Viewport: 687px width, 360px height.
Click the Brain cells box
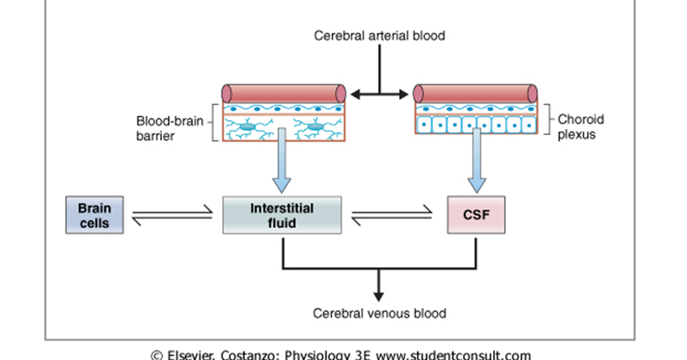coord(94,215)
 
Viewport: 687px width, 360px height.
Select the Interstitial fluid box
coord(282,215)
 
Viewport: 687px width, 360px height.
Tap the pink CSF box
coord(476,215)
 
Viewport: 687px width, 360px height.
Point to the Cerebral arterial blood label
coord(379,36)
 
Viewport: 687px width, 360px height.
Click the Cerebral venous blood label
coord(379,314)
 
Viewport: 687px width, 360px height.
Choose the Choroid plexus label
coord(580,127)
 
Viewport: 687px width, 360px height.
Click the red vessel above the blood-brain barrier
coord(284,93)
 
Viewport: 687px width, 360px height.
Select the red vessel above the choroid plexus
coord(476,93)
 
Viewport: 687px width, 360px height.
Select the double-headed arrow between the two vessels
coord(380,94)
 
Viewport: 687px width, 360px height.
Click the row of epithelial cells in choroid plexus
coord(476,125)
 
